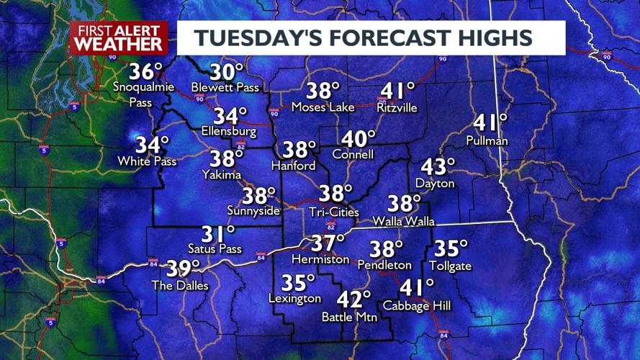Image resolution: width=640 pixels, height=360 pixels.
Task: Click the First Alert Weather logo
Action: pos(120,37)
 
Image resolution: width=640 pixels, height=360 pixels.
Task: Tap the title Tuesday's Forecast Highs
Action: pos(371,37)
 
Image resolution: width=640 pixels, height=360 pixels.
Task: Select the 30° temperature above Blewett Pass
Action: pos(227,73)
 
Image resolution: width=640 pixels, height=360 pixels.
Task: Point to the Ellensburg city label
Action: pos(230,132)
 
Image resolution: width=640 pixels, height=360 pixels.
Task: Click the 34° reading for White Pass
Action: pos(153,145)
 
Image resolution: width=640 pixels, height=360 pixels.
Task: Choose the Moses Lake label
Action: pos(323,107)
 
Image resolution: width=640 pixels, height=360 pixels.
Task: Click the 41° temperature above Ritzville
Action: pos(398,91)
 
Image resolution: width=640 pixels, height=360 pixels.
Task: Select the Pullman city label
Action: pos(487,140)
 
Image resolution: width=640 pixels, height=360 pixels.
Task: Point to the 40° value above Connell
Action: pos(359,138)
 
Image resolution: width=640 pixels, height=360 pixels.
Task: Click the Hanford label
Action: pos(293,166)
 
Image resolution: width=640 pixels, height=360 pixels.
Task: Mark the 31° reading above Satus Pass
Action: pos(218,234)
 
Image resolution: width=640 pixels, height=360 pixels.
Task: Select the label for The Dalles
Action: pos(179,286)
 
